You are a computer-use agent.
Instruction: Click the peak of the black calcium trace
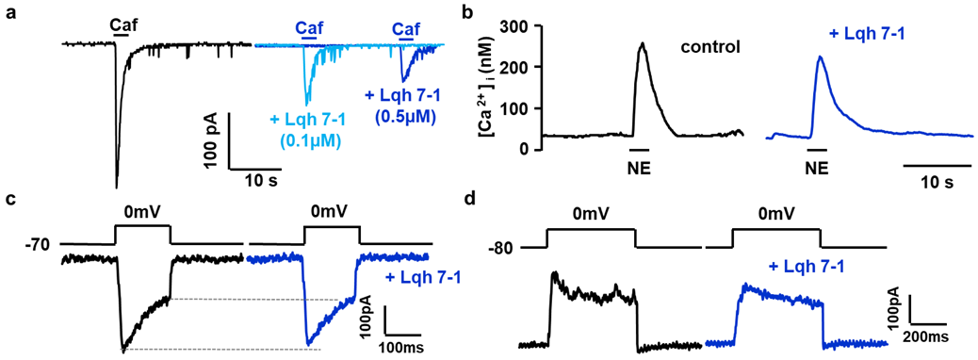[x=643, y=43]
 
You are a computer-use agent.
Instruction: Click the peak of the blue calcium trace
[x=820, y=57]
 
